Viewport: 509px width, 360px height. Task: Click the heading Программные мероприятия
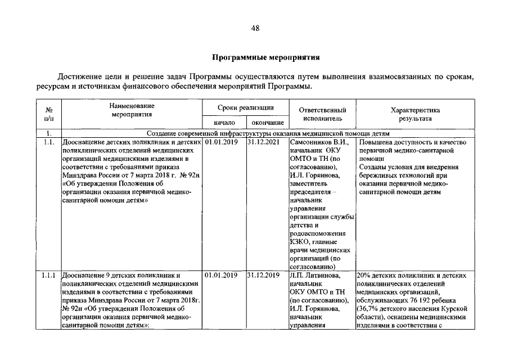tap(254, 57)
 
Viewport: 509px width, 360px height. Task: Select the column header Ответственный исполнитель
tap(322, 115)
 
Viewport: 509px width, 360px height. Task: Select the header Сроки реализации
tap(246, 107)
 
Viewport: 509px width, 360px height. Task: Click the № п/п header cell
tap(49, 115)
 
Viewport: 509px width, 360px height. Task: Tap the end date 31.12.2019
tap(263, 276)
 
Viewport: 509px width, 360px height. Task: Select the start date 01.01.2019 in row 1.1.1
tap(221, 276)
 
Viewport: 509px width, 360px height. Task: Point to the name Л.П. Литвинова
tap(314, 276)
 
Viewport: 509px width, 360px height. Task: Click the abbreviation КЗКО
tap(300, 242)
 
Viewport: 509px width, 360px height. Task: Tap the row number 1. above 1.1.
tap(49, 134)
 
